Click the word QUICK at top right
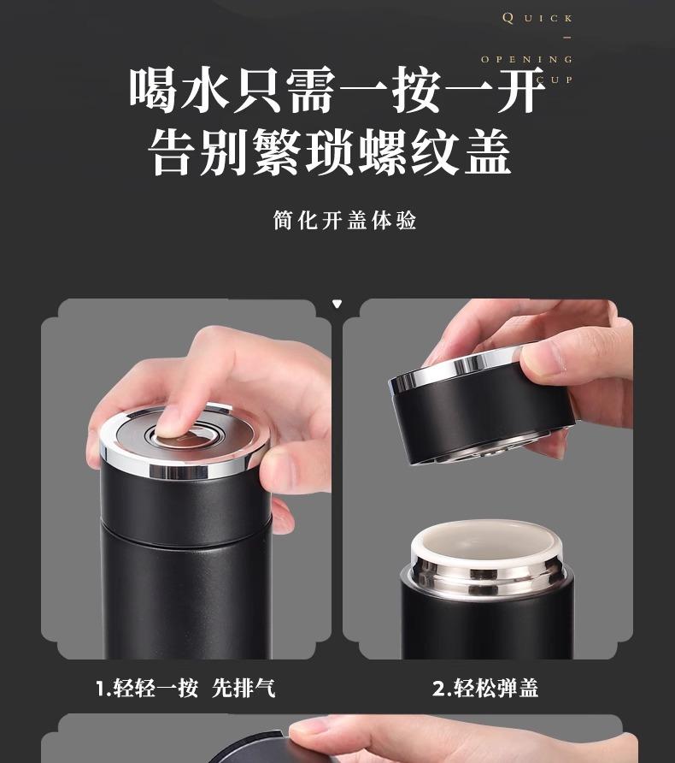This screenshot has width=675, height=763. coord(537,19)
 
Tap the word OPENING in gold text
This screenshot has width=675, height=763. coord(527,59)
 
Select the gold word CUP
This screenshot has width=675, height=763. coord(555,80)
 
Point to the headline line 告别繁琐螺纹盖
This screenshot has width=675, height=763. coord(330,151)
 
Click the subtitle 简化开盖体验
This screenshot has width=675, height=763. coord(344,220)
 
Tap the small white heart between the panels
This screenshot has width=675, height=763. coord(337,305)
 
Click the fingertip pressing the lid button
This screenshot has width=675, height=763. coord(170,426)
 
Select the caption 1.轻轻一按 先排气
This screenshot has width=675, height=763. coord(185,688)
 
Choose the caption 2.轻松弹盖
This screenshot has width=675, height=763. coord(485,688)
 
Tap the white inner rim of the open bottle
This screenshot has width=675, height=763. coord(484,539)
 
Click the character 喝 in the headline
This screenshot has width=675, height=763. coord(153,91)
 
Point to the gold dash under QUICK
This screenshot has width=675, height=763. coord(567,38)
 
